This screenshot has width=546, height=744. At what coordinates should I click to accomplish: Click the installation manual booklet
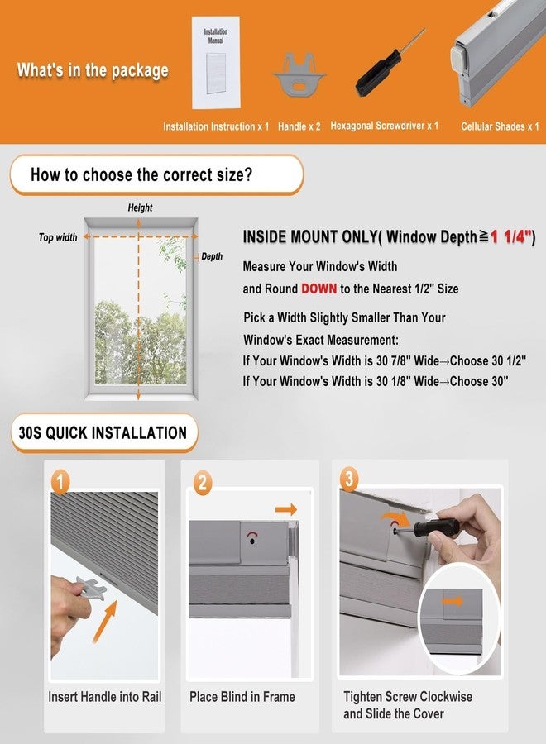coord(216,62)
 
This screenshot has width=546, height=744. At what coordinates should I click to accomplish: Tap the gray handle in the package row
coord(299,74)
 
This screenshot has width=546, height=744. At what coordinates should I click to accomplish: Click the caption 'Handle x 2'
coord(299,126)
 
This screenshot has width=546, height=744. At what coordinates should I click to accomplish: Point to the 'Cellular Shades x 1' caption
coord(500,126)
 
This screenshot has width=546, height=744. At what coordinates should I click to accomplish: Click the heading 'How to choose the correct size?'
coord(141,174)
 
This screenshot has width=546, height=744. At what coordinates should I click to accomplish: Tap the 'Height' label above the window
coord(140,207)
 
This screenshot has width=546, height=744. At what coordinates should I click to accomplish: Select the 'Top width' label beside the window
coord(58,237)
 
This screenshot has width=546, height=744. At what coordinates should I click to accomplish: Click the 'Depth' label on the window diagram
coord(212,257)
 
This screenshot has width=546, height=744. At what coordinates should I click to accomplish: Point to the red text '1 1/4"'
coord(511,236)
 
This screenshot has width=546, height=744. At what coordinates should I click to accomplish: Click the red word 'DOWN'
coord(319,289)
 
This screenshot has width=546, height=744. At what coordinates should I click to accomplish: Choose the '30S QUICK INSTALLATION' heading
coord(103,432)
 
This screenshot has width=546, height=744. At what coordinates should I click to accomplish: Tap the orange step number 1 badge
coord(60,482)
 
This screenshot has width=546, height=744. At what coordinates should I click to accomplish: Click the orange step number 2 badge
coord(202,484)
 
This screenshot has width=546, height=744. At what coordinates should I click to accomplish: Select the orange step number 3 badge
coord(349,479)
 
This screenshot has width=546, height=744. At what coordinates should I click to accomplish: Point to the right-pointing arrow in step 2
coord(285,509)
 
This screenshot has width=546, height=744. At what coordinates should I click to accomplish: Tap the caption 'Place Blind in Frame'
coord(242,697)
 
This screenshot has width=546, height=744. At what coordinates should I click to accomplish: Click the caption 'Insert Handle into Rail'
coord(105,697)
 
